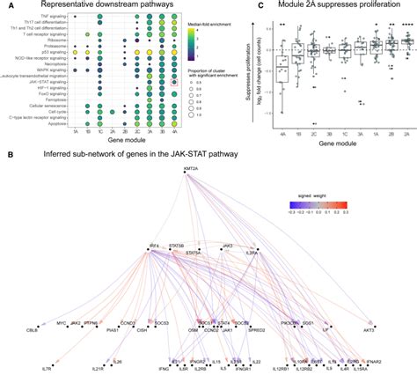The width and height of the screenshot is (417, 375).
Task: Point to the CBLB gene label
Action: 33,334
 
